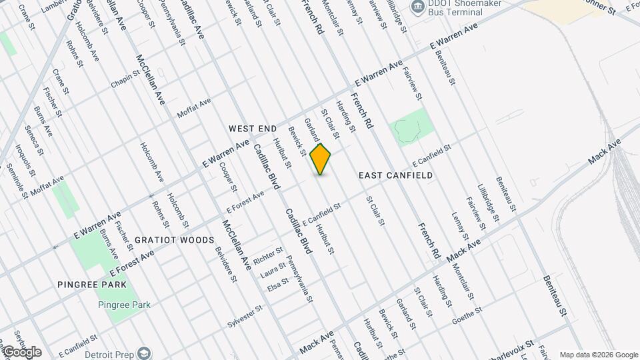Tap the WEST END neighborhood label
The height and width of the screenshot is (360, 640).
252,127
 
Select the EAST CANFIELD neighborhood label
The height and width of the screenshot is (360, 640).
395,175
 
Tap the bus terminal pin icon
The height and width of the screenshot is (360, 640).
418,8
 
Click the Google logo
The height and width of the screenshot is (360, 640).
21,352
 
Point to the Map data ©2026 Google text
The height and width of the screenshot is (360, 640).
598,354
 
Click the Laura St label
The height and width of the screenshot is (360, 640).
273,269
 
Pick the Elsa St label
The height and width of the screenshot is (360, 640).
277,283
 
